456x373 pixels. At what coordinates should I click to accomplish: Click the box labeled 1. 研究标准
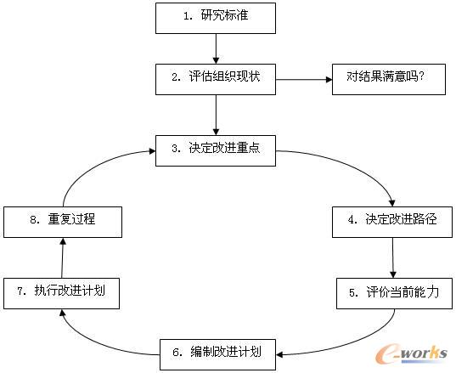point(216,19)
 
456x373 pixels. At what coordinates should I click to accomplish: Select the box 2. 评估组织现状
point(216,79)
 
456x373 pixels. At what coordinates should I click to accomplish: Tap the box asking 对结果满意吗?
point(389,79)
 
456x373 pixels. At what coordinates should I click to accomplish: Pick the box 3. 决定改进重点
point(216,150)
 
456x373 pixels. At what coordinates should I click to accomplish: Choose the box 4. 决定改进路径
point(392,222)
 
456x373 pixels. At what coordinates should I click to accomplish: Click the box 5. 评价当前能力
point(394,293)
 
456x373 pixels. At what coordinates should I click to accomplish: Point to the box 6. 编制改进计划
point(217,354)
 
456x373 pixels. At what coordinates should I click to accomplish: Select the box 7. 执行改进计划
point(61,293)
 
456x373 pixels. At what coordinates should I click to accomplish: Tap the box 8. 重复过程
point(63,222)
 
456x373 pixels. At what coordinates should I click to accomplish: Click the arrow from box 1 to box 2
point(216,49)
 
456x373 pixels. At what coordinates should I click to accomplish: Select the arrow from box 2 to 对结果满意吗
point(304,79)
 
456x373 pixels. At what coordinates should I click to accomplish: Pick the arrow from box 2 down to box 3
point(216,115)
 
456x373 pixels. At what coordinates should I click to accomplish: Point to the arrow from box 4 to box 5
point(393,257)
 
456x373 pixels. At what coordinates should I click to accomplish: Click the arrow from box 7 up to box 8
point(62,257)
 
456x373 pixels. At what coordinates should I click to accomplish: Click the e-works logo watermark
point(411,354)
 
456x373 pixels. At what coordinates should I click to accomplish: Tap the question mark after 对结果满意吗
point(422,76)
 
